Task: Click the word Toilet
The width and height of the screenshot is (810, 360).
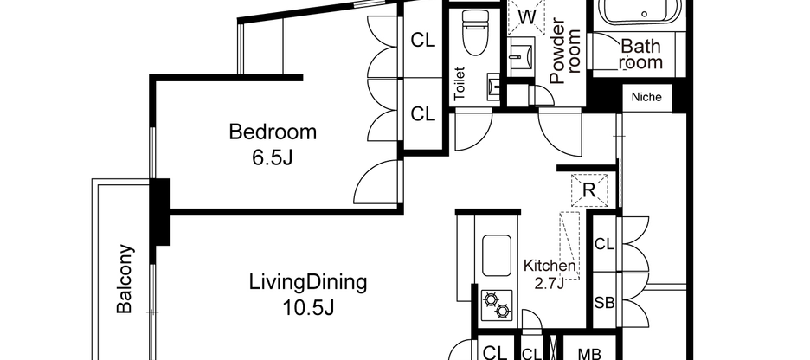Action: [x=460, y=84]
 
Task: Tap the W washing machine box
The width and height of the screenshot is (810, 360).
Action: [x=527, y=16]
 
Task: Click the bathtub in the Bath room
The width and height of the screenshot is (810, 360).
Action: [x=641, y=14]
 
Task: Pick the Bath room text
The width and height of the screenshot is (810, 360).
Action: [x=641, y=53]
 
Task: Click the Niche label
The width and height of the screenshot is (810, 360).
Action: [x=646, y=97]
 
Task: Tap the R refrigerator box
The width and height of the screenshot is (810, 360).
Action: [x=588, y=190]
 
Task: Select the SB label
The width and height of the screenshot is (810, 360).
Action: [x=604, y=303]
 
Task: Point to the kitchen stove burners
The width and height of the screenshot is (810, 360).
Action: [x=498, y=305]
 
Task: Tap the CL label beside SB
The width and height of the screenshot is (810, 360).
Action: [x=604, y=245]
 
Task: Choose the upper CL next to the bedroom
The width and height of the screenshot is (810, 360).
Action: [x=422, y=40]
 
